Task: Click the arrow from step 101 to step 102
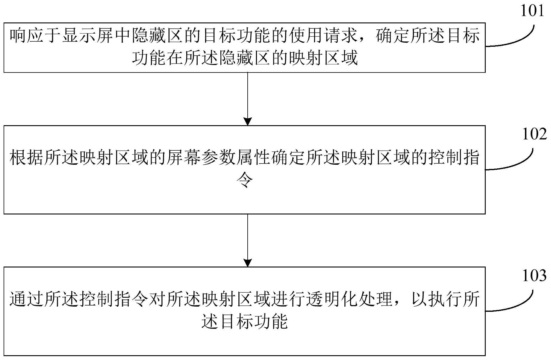tap(248, 99)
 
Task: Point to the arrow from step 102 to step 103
tap(248, 240)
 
